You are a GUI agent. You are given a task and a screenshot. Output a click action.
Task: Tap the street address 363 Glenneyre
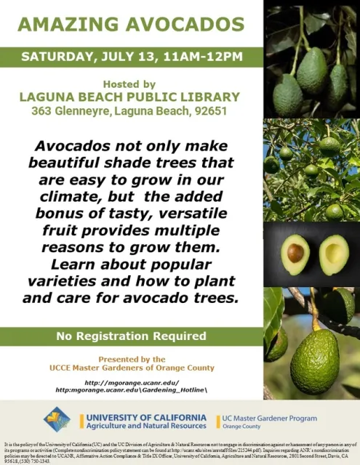(68, 112)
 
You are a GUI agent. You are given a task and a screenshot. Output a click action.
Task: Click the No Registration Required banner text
(130, 336)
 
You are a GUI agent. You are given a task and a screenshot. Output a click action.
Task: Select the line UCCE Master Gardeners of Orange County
(130, 368)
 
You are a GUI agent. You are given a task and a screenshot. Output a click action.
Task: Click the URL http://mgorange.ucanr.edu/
(131, 381)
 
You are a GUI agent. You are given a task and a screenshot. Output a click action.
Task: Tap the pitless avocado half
(334, 254)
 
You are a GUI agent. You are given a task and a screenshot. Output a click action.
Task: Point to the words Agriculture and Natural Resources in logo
(145, 426)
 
